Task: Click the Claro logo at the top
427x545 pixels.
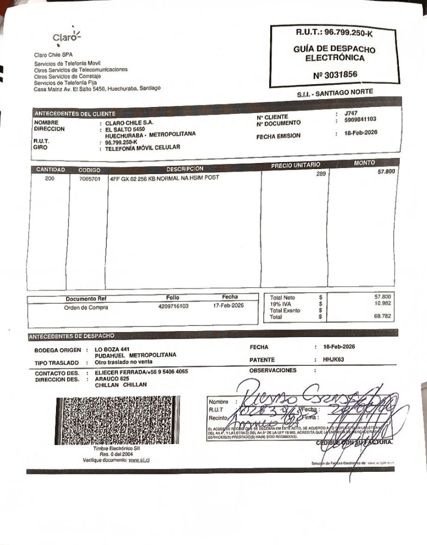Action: [x=66, y=37]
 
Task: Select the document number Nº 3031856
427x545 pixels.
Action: [x=335, y=75]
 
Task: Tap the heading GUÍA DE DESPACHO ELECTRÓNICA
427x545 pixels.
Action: [x=334, y=53]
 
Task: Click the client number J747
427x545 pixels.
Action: [x=351, y=114]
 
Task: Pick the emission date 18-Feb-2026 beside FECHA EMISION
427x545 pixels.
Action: [x=360, y=133]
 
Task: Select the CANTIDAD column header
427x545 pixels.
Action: [x=50, y=170]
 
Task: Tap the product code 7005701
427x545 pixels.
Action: [x=90, y=179]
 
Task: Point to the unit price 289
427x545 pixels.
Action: [x=321, y=174]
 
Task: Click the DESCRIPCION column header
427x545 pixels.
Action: [x=185, y=169]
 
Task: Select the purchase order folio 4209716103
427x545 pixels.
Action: [x=173, y=306]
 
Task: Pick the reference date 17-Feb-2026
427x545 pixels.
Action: [x=229, y=305]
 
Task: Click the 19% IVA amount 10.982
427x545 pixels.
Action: [x=383, y=303]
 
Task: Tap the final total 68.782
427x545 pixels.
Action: [x=383, y=316]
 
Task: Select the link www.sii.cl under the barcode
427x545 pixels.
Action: [x=141, y=460]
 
